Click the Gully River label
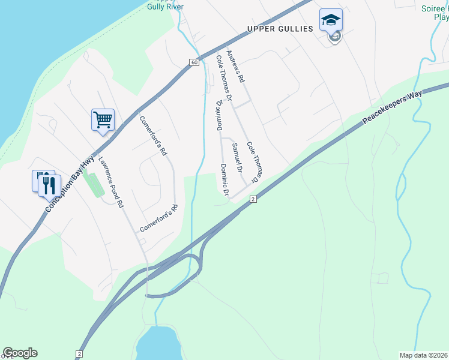pyautogui.click(x=166, y=7)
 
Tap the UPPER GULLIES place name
pyautogui.click(x=280, y=29)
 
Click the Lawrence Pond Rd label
pyautogui.click(x=111, y=182)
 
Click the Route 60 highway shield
pyautogui.click(x=194, y=62)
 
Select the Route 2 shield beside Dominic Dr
pyautogui.click(x=253, y=199)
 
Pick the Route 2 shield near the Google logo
pyautogui.click(x=79, y=355)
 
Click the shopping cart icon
pyautogui.click(x=103, y=119)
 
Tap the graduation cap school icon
pyautogui.click(x=331, y=20)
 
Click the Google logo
pyautogui.click(x=20, y=353)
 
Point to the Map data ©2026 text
pyautogui.click(x=424, y=355)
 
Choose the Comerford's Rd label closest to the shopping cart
pyautogui.click(x=152, y=136)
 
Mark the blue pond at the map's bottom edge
pyautogui.click(x=158, y=345)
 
